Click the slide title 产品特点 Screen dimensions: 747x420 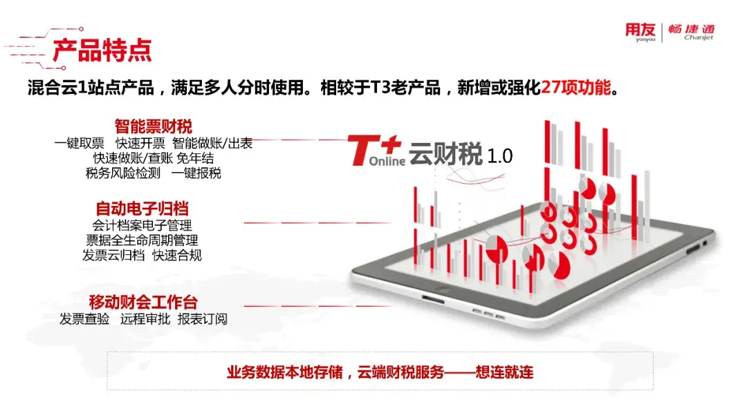tap(102, 50)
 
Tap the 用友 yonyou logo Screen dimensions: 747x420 tap(640, 32)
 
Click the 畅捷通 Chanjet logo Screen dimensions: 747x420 tap(691, 32)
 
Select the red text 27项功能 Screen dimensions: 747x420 tap(575, 88)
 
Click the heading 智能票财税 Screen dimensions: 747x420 tap(153, 126)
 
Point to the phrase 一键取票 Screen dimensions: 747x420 tap(79, 143)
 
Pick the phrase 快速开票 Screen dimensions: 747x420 tap(140, 143)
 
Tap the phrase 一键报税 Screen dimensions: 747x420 tap(196, 173)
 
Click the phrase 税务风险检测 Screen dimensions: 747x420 tap(123, 173)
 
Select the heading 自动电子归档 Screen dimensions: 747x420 tap(142, 209)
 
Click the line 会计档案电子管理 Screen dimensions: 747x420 tap(142, 225)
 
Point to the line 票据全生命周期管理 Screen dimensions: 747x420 tap(142, 240)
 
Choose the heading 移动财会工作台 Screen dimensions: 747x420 tap(143, 302)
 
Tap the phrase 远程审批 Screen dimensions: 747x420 tap(145, 318)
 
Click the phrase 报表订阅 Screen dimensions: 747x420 tap(203, 318)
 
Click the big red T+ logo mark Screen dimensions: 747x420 tap(373, 150)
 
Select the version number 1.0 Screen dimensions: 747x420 tap(500, 156)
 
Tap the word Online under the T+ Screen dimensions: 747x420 tap(387, 161)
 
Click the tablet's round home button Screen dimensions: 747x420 tap(444, 289)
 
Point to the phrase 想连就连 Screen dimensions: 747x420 tap(504, 372)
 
